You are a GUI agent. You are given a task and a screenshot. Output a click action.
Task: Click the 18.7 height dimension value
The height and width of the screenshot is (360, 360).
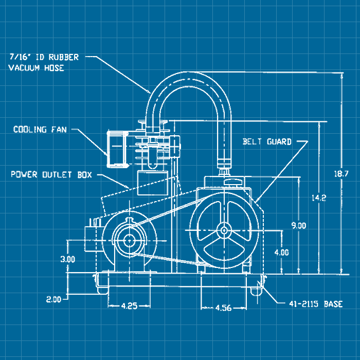(x=341, y=174)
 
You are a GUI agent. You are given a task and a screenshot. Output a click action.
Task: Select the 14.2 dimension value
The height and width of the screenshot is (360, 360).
(x=319, y=197)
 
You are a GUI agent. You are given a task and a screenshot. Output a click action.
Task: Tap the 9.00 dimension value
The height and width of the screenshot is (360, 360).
(x=298, y=225)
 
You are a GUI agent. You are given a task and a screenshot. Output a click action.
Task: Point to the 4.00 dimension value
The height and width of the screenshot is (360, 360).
(x=281, y=253)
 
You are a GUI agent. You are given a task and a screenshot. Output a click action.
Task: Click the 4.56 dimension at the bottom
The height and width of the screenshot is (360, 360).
(x=223, y=308)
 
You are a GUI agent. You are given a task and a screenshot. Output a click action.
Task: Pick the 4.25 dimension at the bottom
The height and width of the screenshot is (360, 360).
(x=129, y=305)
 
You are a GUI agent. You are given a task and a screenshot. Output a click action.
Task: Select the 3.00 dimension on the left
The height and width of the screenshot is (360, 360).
(x=67, y=259)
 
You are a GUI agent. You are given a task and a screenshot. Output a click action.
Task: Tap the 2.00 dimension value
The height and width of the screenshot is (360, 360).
(x=53, y=299)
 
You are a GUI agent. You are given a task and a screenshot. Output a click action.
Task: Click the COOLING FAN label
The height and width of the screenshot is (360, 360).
(x=41, y=130)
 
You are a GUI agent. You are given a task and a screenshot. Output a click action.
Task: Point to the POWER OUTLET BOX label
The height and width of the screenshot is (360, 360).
(x=51, y=175)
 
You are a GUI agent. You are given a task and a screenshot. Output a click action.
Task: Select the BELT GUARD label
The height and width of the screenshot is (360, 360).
(x=267, y=141)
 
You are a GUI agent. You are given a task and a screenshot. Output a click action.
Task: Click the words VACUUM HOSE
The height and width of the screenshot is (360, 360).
(x=36, y=67)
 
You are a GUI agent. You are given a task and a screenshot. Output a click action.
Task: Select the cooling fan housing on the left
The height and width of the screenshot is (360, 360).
(x=118, y=149)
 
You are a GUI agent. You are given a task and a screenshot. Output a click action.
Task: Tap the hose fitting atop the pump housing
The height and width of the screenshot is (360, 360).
(x=224, y=170)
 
